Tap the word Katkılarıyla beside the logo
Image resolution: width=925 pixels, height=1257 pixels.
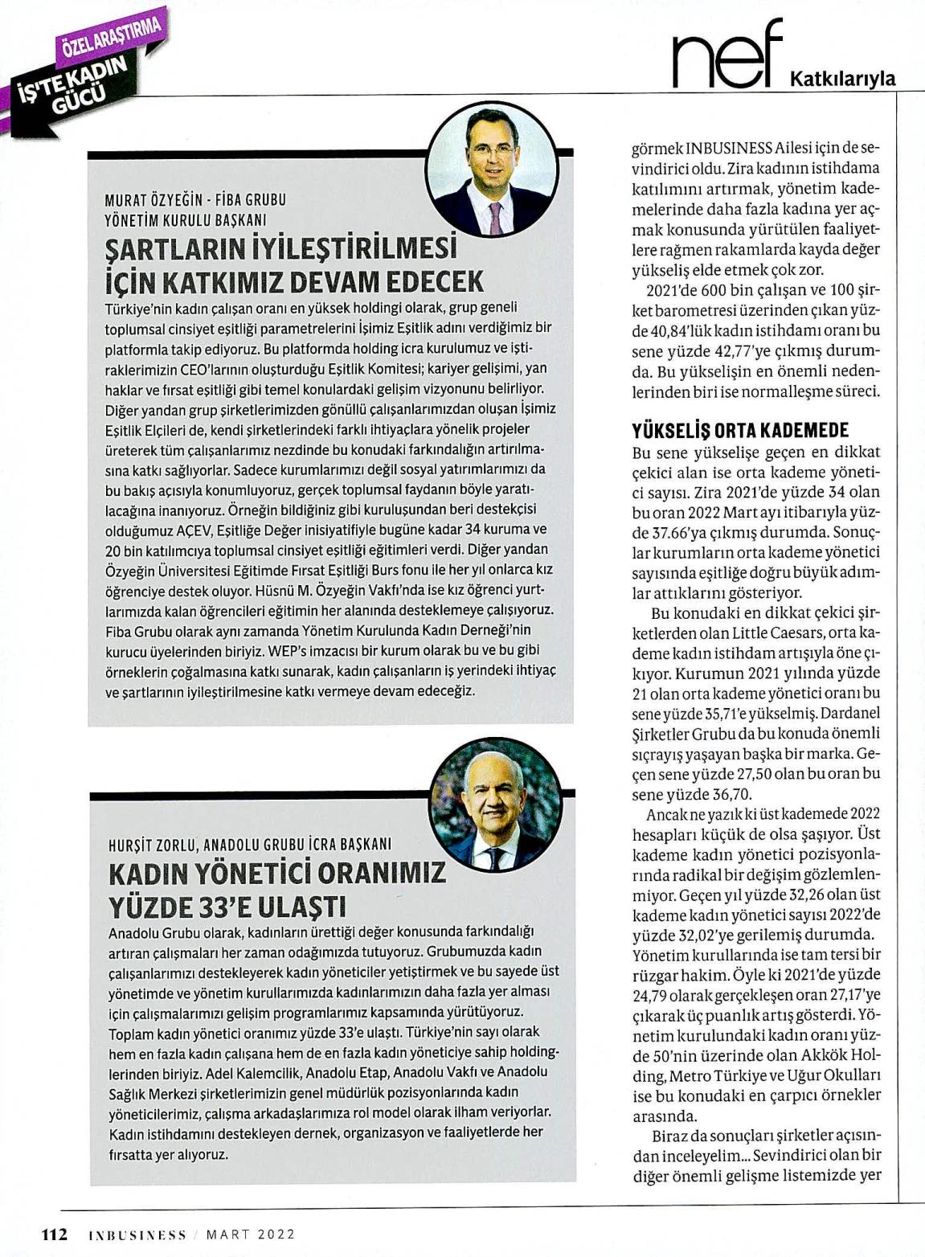tap(843, 79)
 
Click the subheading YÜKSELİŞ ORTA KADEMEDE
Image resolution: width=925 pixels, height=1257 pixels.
tap(740, 430)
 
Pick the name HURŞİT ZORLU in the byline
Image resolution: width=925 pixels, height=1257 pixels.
tap(152, 845)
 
